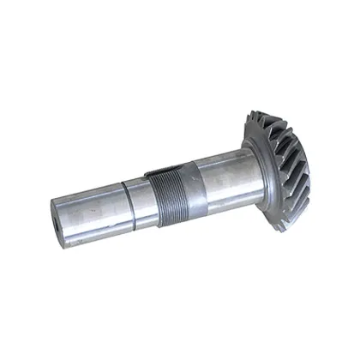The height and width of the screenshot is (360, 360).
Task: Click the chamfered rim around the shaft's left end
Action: coord(53,214)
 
